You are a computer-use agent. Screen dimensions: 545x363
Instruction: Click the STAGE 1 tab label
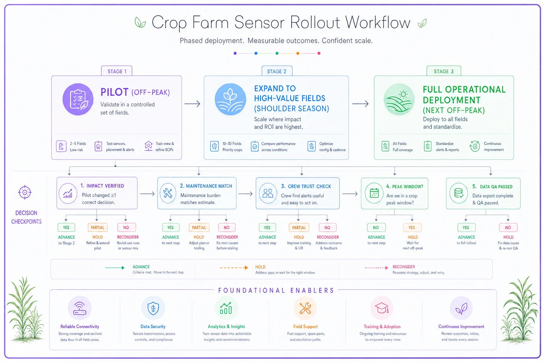tap(117, 71)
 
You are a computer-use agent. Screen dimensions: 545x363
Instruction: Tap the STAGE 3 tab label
tap(444, 71)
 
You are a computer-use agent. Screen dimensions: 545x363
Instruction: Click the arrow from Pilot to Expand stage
tap(192, 104)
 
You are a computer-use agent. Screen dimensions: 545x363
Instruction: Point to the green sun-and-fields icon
tap(399, 99)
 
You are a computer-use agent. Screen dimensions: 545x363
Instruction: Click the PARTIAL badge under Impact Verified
tap(97, 227)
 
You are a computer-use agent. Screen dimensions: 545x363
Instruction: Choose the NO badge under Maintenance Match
tap(226, 228)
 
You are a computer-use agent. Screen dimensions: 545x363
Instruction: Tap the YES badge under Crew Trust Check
tap(267, 228)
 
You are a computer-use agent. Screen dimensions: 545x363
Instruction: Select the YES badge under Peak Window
tap(412, 228)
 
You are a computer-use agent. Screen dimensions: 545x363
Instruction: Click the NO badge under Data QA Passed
tap(508, 228)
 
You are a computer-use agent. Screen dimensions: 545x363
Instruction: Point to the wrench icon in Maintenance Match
tap(168, 193)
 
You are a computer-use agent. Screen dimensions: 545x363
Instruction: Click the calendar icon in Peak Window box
tap(374, 193)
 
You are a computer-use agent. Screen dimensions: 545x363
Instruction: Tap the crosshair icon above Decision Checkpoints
tap(25, 192)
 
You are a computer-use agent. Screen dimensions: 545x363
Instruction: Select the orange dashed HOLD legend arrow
tap(234, 268)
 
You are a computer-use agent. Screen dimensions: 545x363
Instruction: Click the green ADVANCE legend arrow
tap(115, 268)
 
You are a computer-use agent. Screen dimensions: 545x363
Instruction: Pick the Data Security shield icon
tap(153, 308)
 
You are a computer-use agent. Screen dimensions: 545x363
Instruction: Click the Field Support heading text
tap(305, 326)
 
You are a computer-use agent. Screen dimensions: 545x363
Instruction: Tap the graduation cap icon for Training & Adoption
tap(381, 308)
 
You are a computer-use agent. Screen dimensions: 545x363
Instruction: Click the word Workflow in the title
tap(378, 22)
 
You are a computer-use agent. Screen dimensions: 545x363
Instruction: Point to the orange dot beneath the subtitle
tap(298, 53)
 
